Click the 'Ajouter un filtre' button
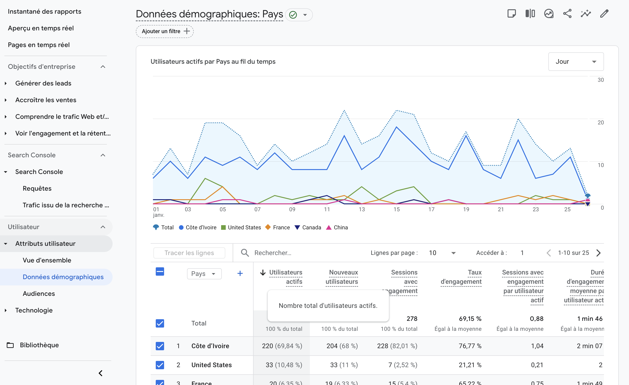pos(165,31)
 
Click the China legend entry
pos(337,227)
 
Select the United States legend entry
pos(241,227)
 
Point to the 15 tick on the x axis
pos(397,209)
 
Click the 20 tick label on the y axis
pos(600,123)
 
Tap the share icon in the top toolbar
pos(567,13)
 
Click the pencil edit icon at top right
pos(604,13)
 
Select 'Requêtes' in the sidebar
pos(37,188)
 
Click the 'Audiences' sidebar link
pos(39,293)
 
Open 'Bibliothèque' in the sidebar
pos(39,345)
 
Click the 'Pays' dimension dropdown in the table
pos(204,274)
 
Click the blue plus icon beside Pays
pos(240,274)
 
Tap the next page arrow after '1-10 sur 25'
pos(598,253)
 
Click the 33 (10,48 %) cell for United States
pos(284,365)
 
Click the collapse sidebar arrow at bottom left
pos(101,373)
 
